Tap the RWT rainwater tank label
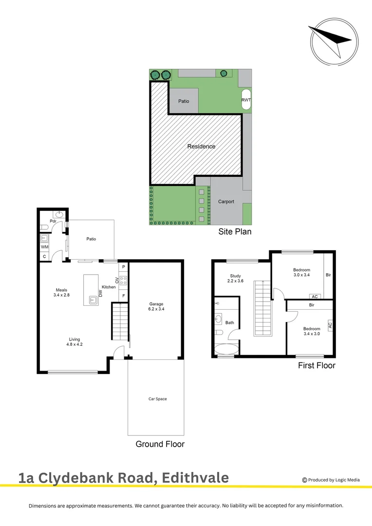(x=246, y=100)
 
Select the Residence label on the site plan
(x=201, y=146)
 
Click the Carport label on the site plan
(x=226, y=202)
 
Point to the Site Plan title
(x=235, y=232)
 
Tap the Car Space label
(x=157, y=399)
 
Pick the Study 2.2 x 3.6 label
(x=235, y=279)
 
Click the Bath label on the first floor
(x=230, y=322)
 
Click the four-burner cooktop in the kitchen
(x=123, y=280)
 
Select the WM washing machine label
(x=44, y=247)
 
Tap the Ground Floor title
(x=160, y=444)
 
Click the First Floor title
(x=316, y=365)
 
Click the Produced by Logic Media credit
(x=331, y=480)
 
